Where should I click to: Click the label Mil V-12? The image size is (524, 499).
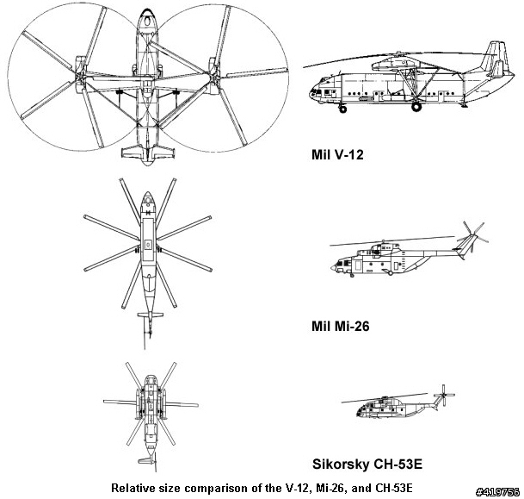tap(337, 154)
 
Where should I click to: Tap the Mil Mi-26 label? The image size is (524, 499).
tap(340, 326)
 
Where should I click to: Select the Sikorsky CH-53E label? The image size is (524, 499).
tap(367, 465)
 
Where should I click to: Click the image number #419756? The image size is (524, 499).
tap(497, 491)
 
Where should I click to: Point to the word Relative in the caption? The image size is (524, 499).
tap(128, 488)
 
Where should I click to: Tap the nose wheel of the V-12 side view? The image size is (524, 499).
tap(342, 109)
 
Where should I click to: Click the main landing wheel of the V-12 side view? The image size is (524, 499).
tap(416, 107)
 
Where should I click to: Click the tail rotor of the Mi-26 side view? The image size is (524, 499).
tap(472, 235)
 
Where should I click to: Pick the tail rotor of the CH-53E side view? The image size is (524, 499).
tap(444, 396)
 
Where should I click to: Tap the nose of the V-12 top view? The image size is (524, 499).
tap(147, 14)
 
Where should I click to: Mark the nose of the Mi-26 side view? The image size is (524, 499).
tap(333, 268)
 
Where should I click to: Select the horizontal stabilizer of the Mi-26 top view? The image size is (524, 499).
tap(151, 315)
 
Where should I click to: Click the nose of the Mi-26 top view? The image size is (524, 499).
tap(148, 195)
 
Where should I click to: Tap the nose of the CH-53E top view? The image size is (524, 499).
tap(151, 378)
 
